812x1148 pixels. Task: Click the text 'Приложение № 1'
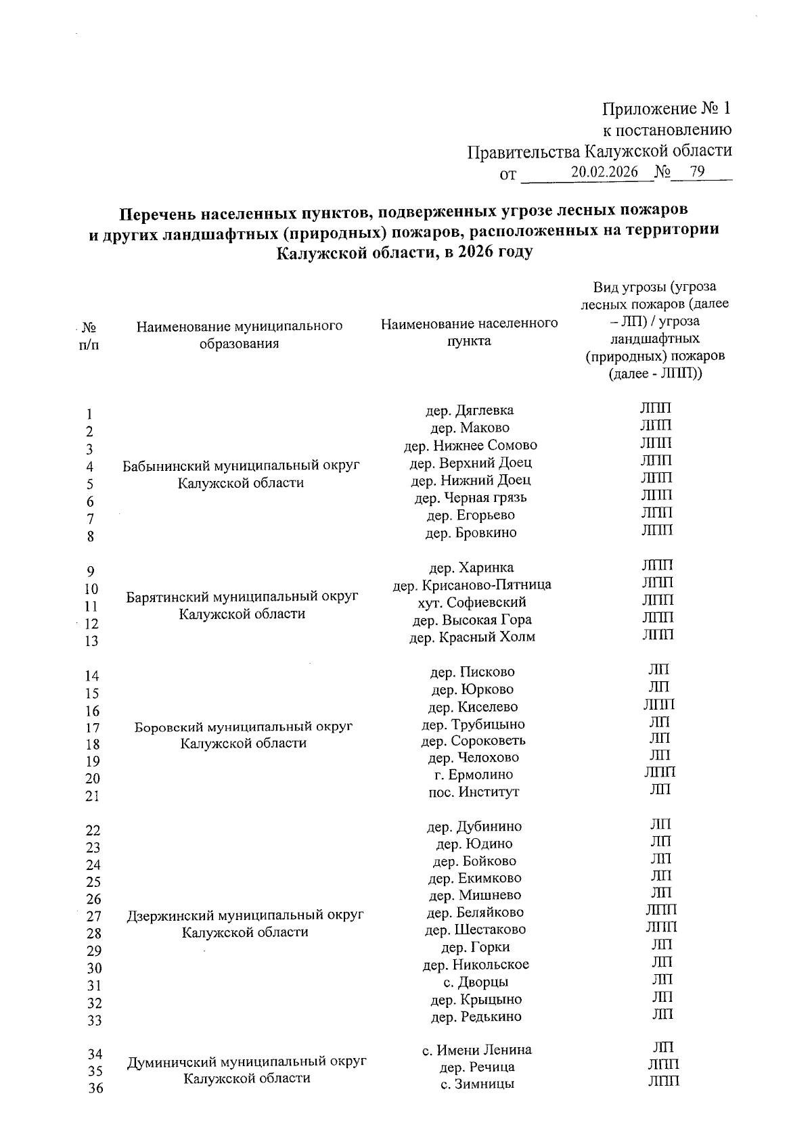coord(667,109)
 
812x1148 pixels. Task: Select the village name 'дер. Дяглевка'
coord(469,410)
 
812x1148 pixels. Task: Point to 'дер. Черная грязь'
coord(470,498)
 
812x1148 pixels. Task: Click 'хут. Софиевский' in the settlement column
coord(472,602)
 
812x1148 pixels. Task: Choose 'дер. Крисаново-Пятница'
coord(472,584)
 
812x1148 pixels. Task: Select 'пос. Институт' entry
coord(474,791)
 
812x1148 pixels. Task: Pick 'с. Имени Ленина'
coord(477,1050)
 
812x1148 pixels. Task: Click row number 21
coord(92,796)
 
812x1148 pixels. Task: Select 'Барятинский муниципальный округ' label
coord(242,597)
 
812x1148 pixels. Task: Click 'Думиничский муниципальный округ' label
coord(247,1061)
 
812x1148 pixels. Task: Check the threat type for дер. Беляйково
coord(660,910)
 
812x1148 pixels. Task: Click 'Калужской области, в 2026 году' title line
coord(405,253)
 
